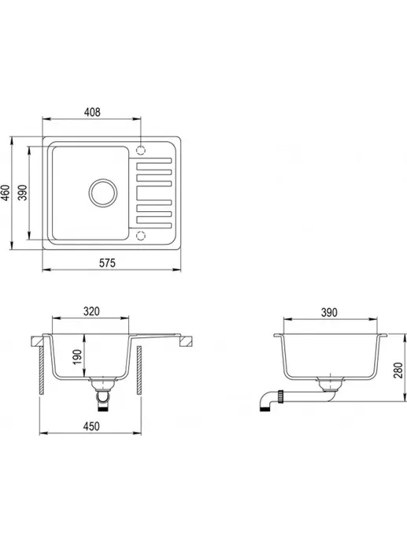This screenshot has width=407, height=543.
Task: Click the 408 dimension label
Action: click(92, 112)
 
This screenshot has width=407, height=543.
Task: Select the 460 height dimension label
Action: click(6, 192)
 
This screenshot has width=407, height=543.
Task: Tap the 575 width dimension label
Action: click(107, 263)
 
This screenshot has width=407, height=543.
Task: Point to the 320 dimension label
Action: click(91, 311)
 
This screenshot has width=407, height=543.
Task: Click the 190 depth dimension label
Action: click(77, 357)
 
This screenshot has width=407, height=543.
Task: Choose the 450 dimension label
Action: click(91, 426)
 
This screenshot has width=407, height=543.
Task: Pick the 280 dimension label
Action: click(398, 370)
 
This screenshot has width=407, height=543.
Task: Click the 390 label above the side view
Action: click(329, 312)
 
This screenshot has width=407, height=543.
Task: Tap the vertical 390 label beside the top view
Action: click(23, 192)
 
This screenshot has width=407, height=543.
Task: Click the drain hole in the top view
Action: click(102, 193)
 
